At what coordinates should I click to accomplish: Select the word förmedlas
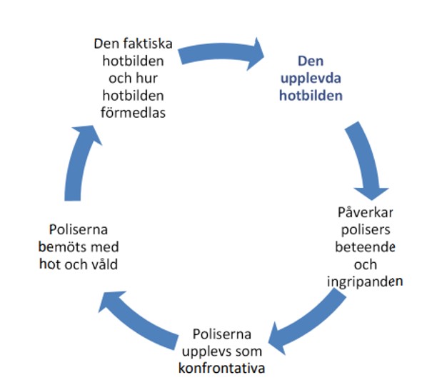[133, 113]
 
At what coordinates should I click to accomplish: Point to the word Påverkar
[366, 213]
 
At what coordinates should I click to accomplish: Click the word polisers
[366, 231]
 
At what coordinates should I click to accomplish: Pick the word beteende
[365, 247]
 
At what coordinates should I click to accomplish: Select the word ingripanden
[365, 282]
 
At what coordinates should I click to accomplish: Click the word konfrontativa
[221, 369]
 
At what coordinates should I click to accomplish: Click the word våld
[104, 264]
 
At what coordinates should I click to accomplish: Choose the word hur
[146, 79]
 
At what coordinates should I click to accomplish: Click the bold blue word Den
[311, 61]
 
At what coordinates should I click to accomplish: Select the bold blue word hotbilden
[311, 96]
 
